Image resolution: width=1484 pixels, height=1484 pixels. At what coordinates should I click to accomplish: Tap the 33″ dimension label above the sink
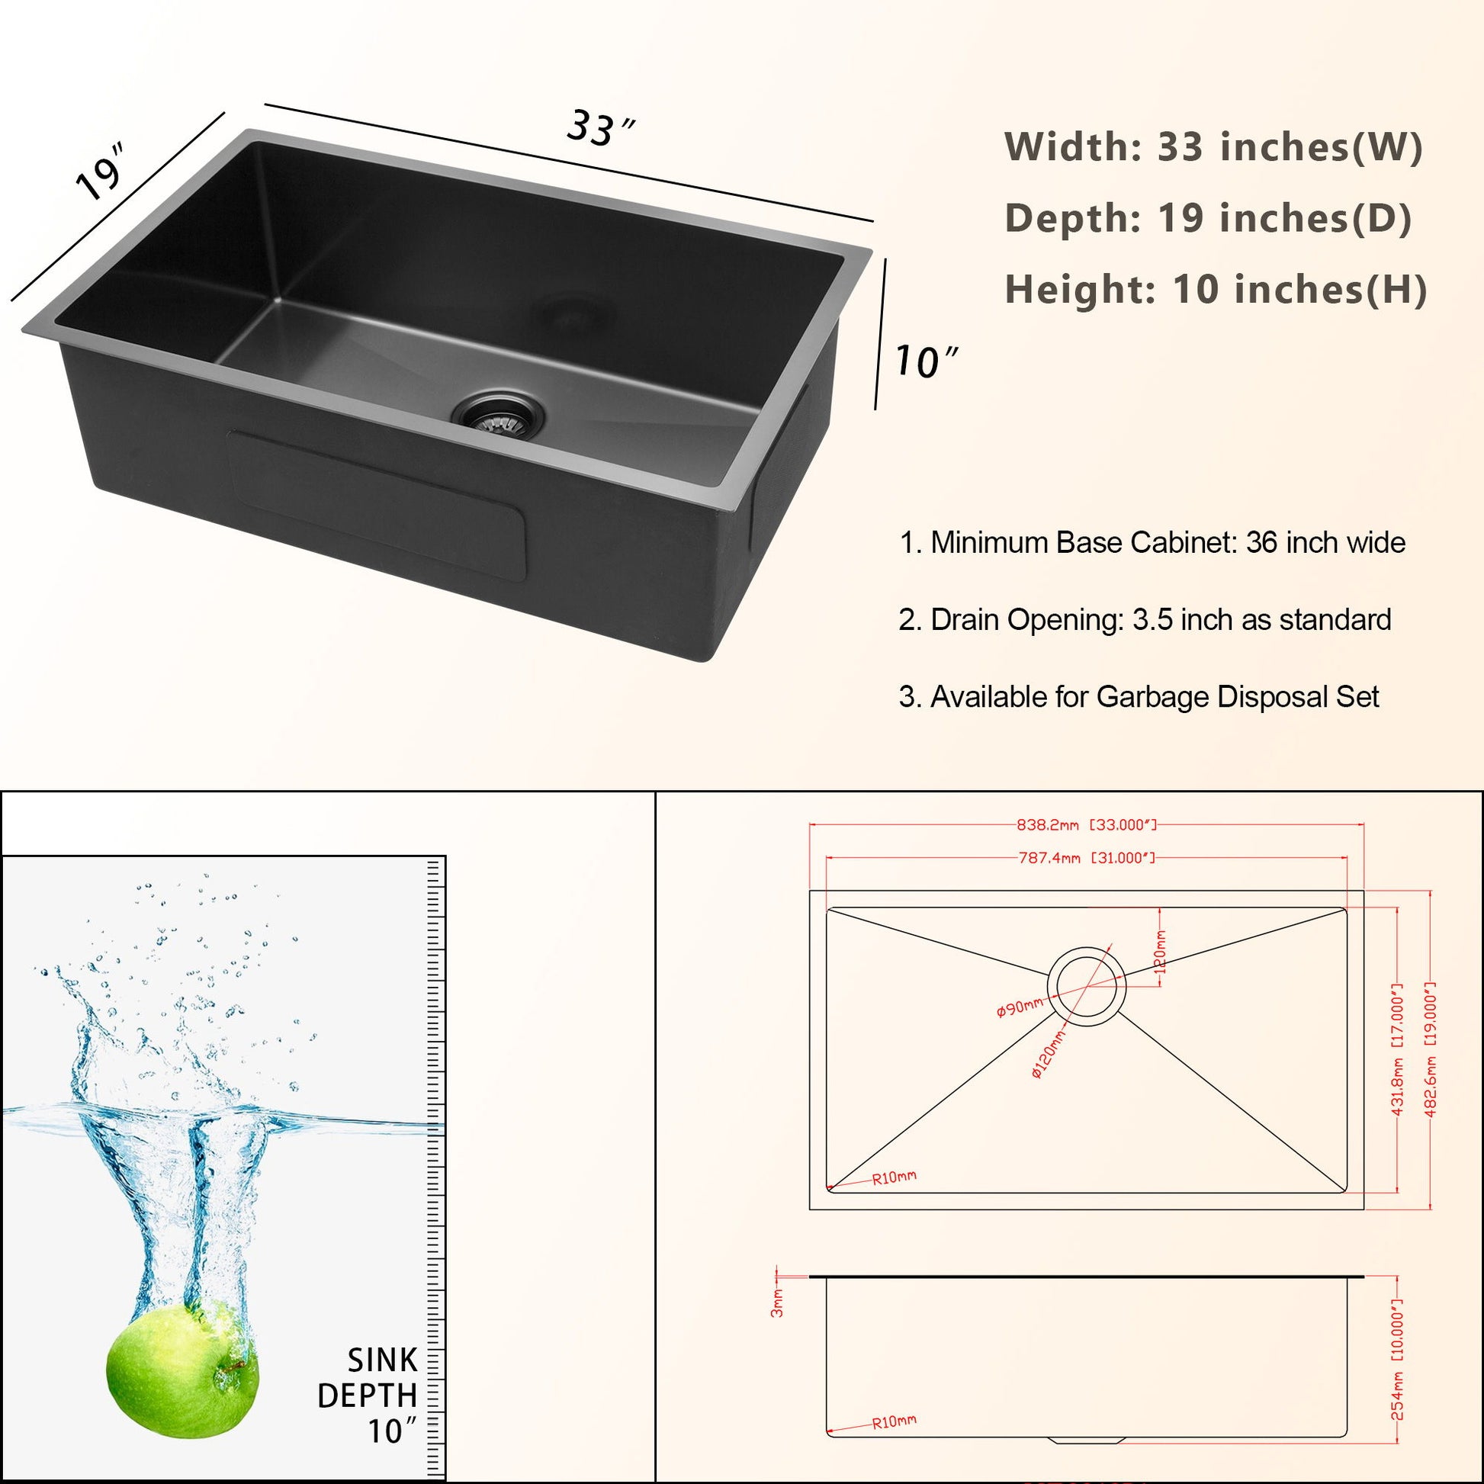click(600, 127)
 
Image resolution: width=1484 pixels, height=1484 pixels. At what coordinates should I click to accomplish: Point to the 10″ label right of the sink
click(927, 361)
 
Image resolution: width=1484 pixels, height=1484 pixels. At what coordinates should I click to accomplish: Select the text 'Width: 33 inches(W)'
click(1213, 146)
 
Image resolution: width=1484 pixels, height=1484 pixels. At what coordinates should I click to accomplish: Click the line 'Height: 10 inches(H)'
click(1216, 290)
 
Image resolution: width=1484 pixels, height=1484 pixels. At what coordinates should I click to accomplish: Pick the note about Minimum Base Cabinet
click(1152, 543)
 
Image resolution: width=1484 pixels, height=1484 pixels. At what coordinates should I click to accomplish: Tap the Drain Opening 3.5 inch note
click(1145, 620)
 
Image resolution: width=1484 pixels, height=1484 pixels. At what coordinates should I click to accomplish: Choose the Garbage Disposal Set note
click(1139, 697)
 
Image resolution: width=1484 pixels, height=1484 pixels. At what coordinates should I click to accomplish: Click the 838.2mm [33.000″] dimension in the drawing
click(1086, 825)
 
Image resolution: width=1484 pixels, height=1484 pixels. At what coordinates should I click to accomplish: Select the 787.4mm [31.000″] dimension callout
click(1086, 858)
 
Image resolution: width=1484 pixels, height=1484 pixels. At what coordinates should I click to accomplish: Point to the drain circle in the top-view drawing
click(1086, 986)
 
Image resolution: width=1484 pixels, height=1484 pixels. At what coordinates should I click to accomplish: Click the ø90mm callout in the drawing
click(1020, 1007)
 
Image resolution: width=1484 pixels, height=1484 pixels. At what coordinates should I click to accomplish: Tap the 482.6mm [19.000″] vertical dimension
click(1429, 1049)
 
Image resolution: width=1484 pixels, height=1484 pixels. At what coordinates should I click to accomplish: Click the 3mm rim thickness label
click(777, 1303)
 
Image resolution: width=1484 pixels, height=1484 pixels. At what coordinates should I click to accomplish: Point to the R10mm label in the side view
click(893, 1421)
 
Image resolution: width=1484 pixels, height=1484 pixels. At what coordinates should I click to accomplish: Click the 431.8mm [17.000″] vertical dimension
click(1396, 1049)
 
